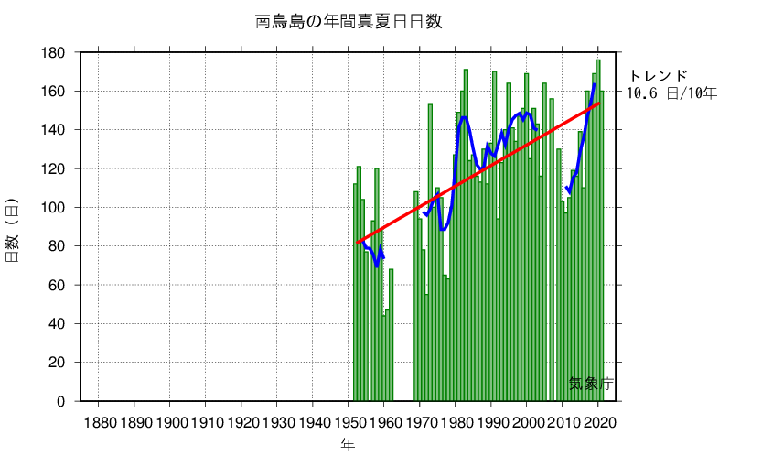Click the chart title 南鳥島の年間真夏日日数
349,21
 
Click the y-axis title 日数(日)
13,229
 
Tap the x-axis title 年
349,444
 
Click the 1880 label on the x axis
99,422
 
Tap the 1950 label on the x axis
349,422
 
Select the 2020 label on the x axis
598,422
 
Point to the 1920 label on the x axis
241,422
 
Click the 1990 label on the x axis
491,422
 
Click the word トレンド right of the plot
657,75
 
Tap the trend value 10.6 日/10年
672,92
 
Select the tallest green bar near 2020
598,229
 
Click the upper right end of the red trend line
599,103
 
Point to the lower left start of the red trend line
356,244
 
